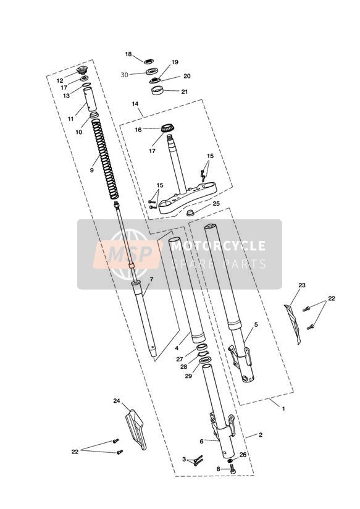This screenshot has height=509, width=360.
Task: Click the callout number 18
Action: [x=128, y=54]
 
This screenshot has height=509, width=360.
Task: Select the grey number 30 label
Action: [x=124, y=75]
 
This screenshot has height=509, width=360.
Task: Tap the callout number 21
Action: [x=185, y=92]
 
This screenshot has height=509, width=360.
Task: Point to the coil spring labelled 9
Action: [x=105, y=159]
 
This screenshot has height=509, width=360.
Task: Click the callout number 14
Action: [x=135, y=104]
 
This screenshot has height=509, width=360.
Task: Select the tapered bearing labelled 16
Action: [x=167, y=128]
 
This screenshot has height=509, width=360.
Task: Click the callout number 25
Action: [x=216, y=203]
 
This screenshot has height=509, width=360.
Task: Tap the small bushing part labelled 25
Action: [x=191, y=213]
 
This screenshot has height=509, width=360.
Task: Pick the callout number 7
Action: [x=151, y=279]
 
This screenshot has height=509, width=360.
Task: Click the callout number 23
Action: [x=302, y=285]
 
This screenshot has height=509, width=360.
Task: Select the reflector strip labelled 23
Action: [x=293, y=324]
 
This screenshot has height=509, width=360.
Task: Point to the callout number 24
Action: [x=117, y=401]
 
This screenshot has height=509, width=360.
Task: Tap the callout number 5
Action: [x=256, y=324]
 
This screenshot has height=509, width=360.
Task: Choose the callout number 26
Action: [x=243, y=455]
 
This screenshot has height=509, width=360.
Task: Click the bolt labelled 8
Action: [x=232, y=468]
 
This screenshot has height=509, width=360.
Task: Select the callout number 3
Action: [x=184, y=460]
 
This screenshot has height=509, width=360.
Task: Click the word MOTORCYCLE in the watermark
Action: [x=219, y=246]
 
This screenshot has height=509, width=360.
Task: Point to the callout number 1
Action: [x=283, y=409]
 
